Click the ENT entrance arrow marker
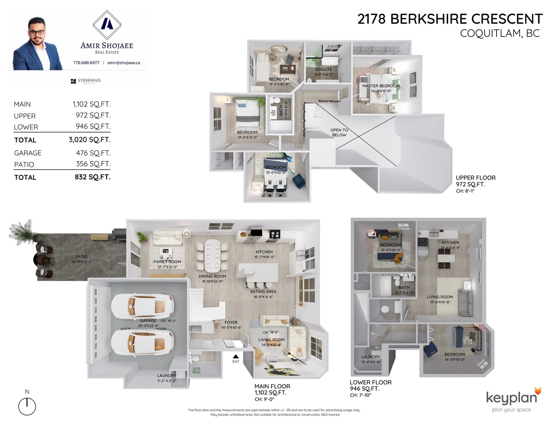pos(236,356)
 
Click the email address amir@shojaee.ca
pos(124,63)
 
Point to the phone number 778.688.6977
pos(86,63)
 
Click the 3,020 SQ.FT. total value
pos(90,140)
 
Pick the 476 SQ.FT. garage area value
pos(93,153)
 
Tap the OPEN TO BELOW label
pos(339,132)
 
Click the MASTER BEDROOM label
pos(381,86)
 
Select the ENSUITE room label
pos(324,70)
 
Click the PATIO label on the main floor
pos(81,257)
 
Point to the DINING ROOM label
pos(212,276)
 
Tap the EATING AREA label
pos(263,292)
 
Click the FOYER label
pos(231,322)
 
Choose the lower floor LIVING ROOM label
pos(440,297)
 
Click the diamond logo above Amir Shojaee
pos(107,25)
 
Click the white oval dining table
pos(212,256)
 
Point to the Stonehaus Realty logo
pos(85,81)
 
